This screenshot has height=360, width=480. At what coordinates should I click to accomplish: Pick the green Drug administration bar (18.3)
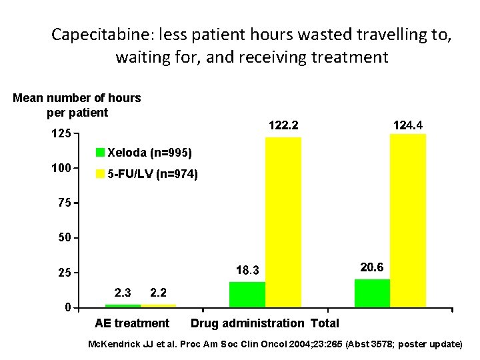point(247,294)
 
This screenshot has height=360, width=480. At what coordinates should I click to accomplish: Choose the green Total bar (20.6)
point(372,293)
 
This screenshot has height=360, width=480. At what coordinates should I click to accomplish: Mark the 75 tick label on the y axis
point(64,203)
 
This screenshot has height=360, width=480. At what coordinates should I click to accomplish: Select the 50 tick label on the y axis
point(64,238)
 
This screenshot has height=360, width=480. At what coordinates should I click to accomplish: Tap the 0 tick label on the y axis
point(67,307)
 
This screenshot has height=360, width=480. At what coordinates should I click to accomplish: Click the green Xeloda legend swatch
point(101,152)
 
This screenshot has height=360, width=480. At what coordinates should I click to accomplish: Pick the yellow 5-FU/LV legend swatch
point(101,175)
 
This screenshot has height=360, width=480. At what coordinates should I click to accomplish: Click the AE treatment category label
point(132,323)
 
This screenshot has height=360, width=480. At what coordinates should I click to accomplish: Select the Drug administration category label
point(247,323)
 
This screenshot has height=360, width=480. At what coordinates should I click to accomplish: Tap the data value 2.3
point(123,292)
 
